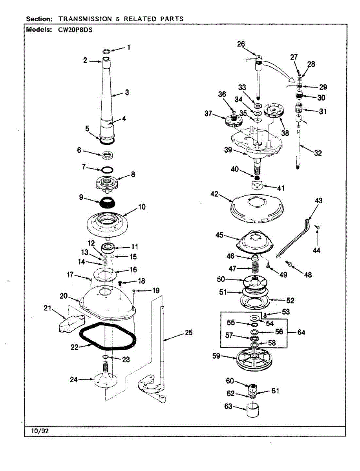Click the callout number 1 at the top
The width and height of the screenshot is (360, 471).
click(x=128, y=48)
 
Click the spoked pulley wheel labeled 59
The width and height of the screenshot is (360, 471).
click(x=255, y=359)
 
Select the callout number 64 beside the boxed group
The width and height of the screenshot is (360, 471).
click(x=301, y=332)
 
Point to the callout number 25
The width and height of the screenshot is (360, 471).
click(x=188, y=333)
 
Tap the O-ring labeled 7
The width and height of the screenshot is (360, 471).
click(x=107, y=170)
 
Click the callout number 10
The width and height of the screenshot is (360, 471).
click(x=142, y=206)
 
